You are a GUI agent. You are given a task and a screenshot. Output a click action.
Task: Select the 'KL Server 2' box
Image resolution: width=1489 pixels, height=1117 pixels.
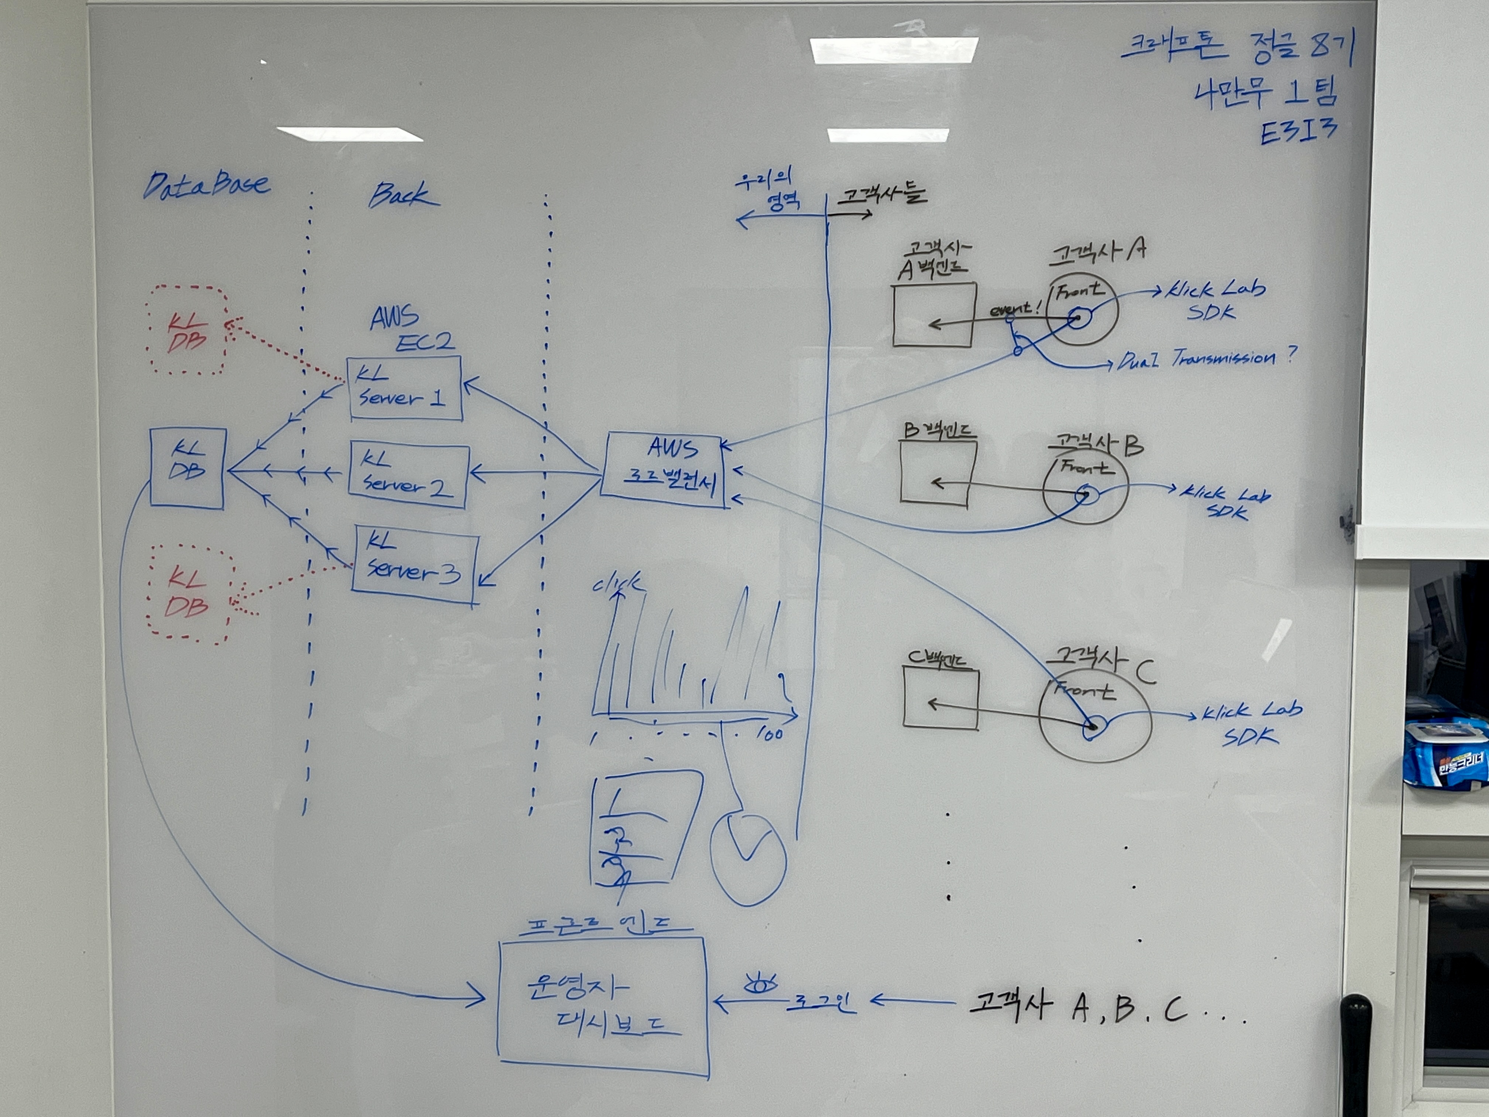(408, 475)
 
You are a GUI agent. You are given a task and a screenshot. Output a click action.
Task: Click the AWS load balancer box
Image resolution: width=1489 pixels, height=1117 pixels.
(665, 469)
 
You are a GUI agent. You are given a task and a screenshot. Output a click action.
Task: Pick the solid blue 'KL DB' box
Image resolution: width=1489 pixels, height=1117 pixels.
(187, 467)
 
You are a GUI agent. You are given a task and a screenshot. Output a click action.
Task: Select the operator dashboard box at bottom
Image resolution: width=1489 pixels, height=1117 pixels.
(602, 1005)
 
